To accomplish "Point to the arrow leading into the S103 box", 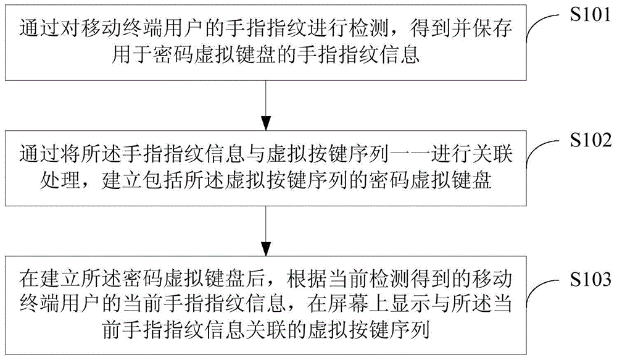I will (265, 228).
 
